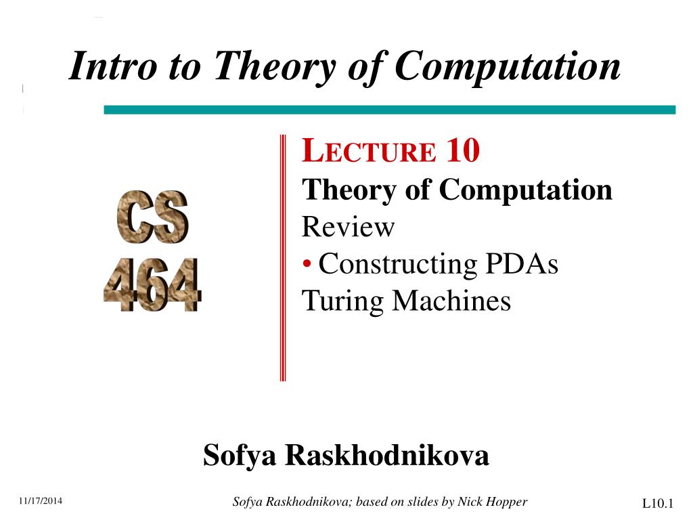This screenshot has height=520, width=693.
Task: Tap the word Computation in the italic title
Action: click(x=508, y=66)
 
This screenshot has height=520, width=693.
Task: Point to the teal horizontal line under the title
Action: click(x=389, y=110)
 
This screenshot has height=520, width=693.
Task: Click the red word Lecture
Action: click(x=369, y=151)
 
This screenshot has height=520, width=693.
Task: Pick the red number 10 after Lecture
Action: click(x=463, y=150)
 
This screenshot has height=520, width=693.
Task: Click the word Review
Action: click(x=348, y=226)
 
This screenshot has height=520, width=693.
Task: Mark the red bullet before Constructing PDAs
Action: click(x=307, y=263)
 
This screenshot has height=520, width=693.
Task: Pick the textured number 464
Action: click(x=152, y=285)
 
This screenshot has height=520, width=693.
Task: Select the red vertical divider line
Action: click(x=283, y=257)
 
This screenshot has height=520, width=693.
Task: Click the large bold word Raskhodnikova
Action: click(x=386, y=455)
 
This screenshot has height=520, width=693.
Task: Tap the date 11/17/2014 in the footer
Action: click(x=40, y=500)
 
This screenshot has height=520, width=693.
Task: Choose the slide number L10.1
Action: click(x=658, y=503)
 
